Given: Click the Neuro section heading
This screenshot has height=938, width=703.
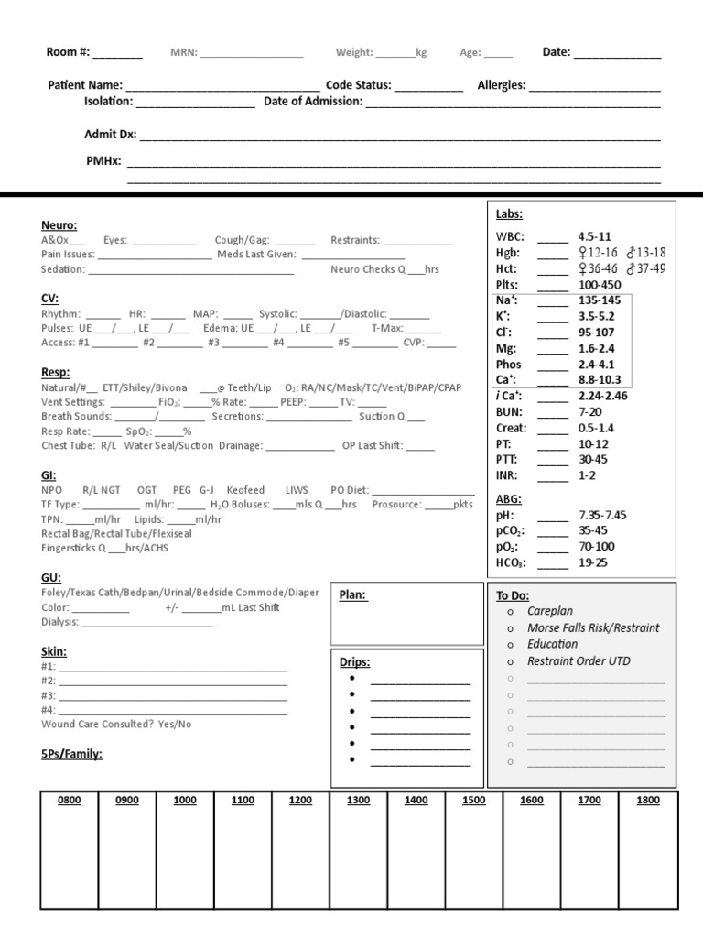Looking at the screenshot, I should [59, 224].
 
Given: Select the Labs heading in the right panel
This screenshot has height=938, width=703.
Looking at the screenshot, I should [509, 213].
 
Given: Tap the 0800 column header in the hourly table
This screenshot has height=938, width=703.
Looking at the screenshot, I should [70, 800].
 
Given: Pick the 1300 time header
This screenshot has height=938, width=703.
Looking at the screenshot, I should [359, 800].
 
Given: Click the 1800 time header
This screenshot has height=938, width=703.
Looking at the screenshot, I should [647, 800].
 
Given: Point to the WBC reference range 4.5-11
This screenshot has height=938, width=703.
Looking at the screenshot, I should [594, 235].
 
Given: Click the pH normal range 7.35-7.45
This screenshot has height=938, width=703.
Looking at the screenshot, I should [602, 516].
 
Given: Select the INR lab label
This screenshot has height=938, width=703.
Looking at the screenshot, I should [507, 475].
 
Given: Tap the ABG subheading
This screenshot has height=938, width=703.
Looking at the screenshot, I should [508, 499].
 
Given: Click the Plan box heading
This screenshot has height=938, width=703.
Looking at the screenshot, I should [353, 594].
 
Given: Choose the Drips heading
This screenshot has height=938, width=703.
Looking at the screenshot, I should [355, 661].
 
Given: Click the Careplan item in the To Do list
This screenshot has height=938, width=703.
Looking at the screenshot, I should [550, 611].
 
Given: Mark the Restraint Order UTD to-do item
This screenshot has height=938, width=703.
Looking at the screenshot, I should [579, 660].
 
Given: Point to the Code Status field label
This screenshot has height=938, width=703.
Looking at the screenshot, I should [359, 85].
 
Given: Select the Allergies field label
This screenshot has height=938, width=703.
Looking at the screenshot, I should [502, 85].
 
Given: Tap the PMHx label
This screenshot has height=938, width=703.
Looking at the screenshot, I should [103, 161].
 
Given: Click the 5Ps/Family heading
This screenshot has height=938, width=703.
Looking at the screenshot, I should [71, 754].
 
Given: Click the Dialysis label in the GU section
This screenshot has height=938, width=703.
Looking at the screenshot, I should [60, 622].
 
